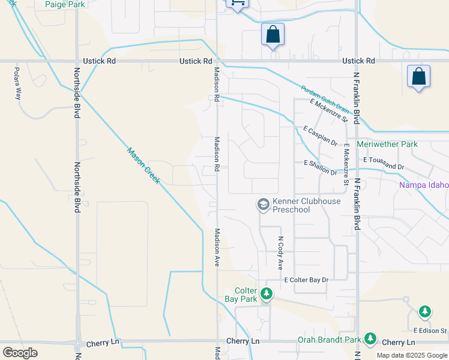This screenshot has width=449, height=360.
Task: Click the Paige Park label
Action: pyautogui.click(x=65, y=4)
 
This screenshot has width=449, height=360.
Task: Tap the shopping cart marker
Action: pyautogui.click(x=237, y=4)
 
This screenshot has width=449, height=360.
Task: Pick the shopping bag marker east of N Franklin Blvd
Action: pyautogui.click(x=418, y=77)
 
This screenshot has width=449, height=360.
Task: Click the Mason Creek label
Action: pyautogui.click(x=143, y=166)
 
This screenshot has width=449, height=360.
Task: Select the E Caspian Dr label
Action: pyautogui.click(x=321, y=135)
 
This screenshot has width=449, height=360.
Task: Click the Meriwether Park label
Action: pyautogui.click(x=387, y=145)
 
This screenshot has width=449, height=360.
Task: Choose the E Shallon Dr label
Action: pyautogui.click(x=321, y=167)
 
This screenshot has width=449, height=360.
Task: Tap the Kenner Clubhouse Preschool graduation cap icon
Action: pyautogui.click(x=263, y=205)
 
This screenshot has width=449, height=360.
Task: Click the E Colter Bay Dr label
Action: pyautogui.click(x=307, y=280)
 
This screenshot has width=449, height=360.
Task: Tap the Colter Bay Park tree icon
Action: pyautogui.click(x=267, y=294)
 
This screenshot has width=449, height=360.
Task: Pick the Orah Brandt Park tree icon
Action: pyautogui.click(x=370, y=339)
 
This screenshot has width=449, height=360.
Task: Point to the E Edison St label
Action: pyautogui.click(x=430, y=331)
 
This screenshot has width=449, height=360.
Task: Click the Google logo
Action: pyautogui.click(x=20, y=352)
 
